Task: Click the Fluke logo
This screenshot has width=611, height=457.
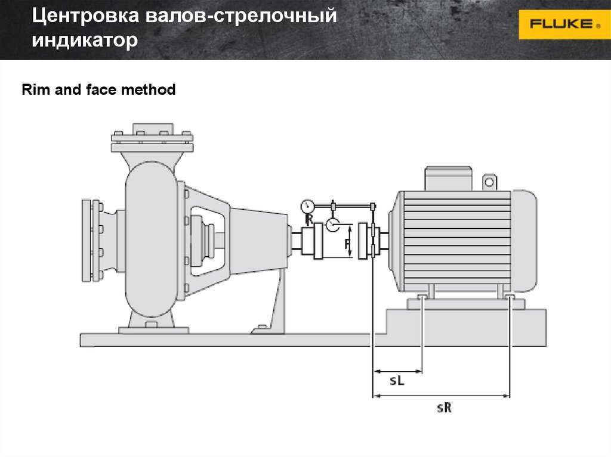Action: coord(564,24)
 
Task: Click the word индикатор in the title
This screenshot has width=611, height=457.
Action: coord(85,40)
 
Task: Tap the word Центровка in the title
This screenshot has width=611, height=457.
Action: coord(85,16)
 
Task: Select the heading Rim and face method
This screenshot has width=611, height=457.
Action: coord(98,89)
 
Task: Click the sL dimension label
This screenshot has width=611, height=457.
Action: coord(397,380)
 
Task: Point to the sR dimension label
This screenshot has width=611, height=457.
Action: coord(444,408)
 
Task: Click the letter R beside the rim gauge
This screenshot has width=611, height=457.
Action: coord(309,219)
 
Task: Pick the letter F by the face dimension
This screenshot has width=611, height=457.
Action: coord(347,244)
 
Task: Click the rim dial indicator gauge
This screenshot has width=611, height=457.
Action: coord(307,206)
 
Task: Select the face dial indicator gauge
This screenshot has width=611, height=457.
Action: coord(332,225)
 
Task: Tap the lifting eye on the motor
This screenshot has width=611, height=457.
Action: coord(489,182)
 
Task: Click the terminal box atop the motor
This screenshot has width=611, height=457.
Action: coord(448,179)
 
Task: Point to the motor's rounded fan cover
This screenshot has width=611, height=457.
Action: coord(524,241)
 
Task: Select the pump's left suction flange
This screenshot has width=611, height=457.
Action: coord(91,241)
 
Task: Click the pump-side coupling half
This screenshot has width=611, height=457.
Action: coord(312,241)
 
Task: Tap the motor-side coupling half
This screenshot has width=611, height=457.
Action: coord(368,241)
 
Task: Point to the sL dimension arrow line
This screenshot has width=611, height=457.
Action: coord(397,371)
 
